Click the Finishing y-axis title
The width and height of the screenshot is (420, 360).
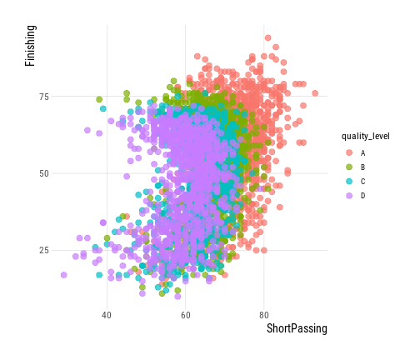[x=30, y=46]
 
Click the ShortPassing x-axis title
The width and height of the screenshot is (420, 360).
[x=297, y=328]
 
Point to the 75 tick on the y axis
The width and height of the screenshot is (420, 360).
[x=44, y=97]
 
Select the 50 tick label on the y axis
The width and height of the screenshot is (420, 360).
[x=44, y=173]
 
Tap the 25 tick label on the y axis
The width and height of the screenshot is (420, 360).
[x=44, y=250]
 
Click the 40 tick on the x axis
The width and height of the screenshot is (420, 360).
[x=107, y=315]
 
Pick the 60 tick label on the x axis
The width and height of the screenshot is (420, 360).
[x=186, y=315]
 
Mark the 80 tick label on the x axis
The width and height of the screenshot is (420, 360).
[x=264, y=315]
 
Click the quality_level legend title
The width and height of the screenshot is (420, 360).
[x=366, y=137]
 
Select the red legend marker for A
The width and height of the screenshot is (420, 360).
[x=349, y=152]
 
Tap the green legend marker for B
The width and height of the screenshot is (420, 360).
[x=349, y=167]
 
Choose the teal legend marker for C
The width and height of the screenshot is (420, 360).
[x=349, y=182]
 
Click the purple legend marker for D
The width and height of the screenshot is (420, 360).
[x=349, y=196]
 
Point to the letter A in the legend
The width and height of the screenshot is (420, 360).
[x=362, y=153]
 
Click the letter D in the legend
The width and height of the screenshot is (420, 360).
[x=362, y=196]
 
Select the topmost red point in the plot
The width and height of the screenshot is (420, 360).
[x=267, y=37]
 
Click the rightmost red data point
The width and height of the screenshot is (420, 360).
[x=315, y=93]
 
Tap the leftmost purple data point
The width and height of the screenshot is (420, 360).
[x=64, y=275]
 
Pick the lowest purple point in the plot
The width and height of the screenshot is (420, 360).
[x=177, y=297]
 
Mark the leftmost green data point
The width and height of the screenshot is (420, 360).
[x=99, y=99]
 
